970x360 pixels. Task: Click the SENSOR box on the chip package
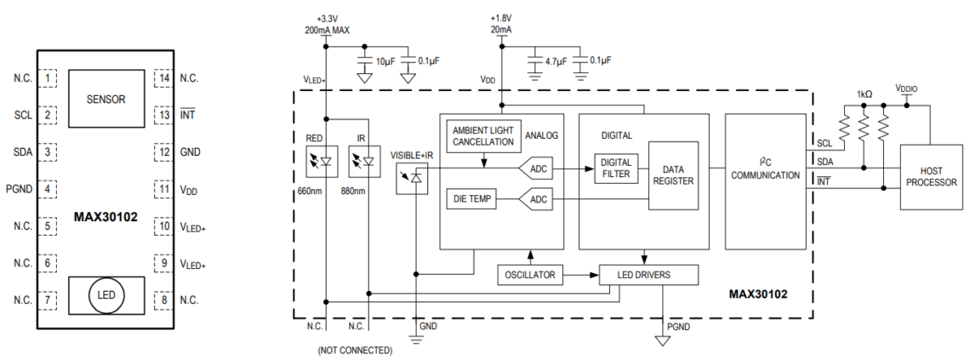tap(106, 99)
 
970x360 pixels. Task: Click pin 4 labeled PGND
tap(50, 189)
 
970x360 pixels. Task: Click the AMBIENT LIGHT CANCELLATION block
tap(482, 135)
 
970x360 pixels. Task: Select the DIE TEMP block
tap(471, 199)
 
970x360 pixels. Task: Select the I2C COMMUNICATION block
tap(765, 169)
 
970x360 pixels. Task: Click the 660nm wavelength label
tap(312, 191)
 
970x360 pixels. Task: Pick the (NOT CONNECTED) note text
tap(355, 350)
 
